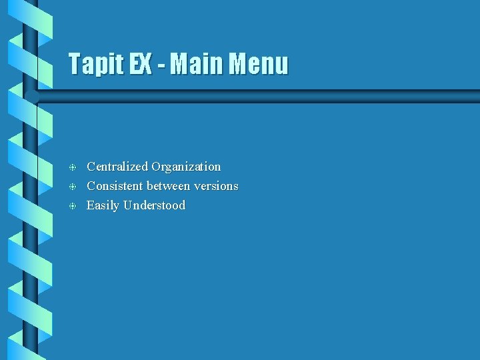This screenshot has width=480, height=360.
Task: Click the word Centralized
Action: [117, 167]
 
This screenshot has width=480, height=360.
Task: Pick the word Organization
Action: [186, 167]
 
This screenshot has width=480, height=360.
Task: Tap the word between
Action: [170, 186]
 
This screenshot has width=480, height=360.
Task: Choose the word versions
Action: [217, 186]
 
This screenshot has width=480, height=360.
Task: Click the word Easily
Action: [102, 205]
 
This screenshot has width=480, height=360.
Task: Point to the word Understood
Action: [155, 205]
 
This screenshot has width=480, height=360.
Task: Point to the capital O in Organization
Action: [156, 167]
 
